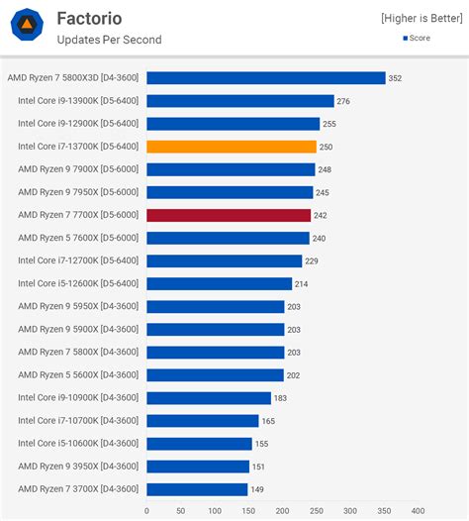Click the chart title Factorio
point(89,18)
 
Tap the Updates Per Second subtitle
point(109,40)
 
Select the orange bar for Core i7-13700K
point(231,147)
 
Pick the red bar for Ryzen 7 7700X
point(229,215)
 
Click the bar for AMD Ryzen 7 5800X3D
point(265,77)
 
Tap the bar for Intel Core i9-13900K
point(239,101)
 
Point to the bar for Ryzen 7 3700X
point(197,489)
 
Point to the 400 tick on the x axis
point(418,511)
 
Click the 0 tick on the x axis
point(146,511)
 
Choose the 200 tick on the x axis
point(282,511)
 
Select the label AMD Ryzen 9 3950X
point(78,467)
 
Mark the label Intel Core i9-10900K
point(78,398)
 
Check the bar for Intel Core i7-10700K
point(202,421)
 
